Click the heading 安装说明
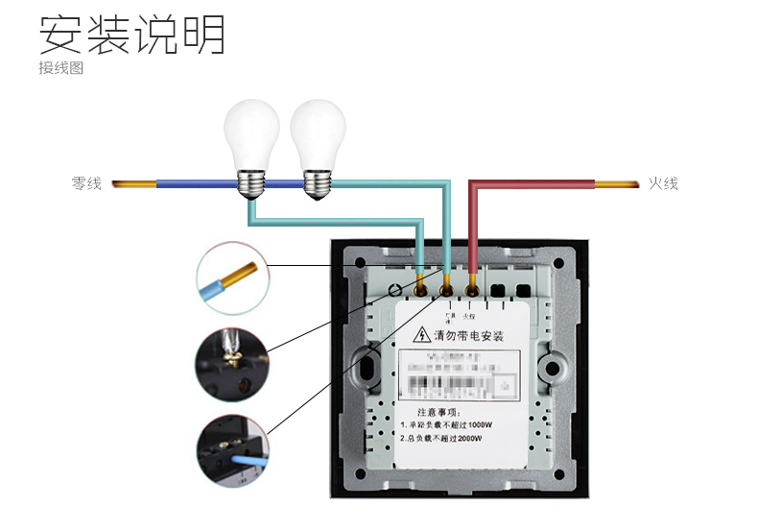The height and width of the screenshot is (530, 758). pyautogui.click(x=131, y=36)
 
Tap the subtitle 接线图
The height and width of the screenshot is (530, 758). pyautogui.click(x=60, y=69)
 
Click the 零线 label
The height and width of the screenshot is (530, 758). pyautogui.click(x=86, y=182)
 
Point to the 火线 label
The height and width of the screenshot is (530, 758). pyautogui.click(x=663, y=182)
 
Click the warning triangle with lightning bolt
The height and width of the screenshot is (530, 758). pyautogui.click(x=421, y=335)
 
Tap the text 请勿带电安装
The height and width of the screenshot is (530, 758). pyautogui.click(x=469, y=336)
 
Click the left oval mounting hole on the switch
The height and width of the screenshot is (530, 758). pyautogui.click(x=366, y=368)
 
